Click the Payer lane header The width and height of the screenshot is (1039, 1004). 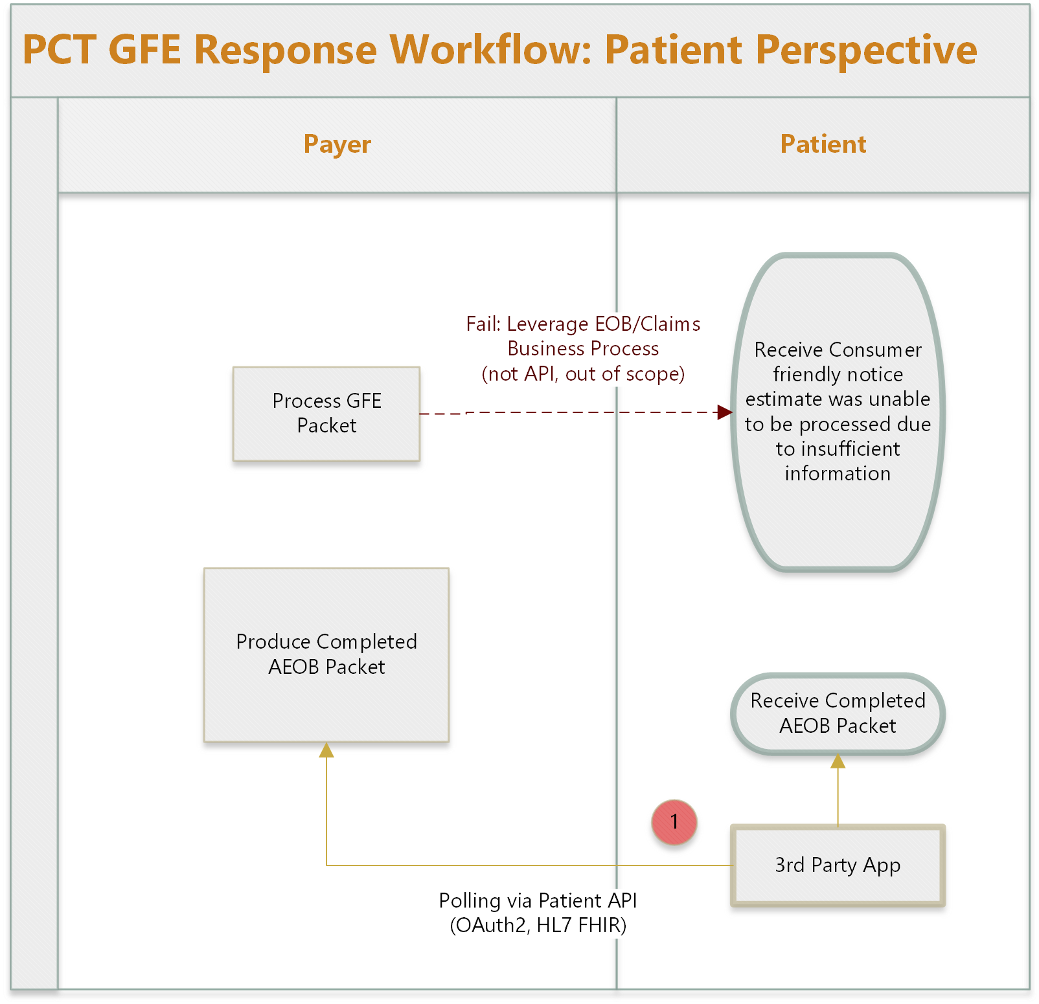[337, 144]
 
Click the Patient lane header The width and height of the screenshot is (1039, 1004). [823, 144]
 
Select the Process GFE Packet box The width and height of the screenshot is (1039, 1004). [326, 414]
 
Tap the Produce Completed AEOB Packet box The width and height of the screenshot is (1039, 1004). [326, 654]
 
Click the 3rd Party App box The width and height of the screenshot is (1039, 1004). [838, 865]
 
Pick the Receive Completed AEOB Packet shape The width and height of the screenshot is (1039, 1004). [838, 713]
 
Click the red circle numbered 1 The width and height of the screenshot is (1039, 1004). [674, 822]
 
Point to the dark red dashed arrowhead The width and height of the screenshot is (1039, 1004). [725, 412]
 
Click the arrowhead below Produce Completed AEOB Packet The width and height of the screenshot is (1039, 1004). [326, 750]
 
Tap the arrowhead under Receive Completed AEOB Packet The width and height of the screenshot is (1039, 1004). [838, 761]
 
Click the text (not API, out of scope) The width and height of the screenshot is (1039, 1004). [583, 374]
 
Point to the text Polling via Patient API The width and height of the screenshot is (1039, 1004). [538, 900]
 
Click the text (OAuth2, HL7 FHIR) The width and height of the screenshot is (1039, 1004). [538, 925]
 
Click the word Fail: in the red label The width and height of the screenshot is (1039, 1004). [483, 324]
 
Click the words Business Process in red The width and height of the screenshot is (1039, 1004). [583, 349]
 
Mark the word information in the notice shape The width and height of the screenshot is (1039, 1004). [838, 473]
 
